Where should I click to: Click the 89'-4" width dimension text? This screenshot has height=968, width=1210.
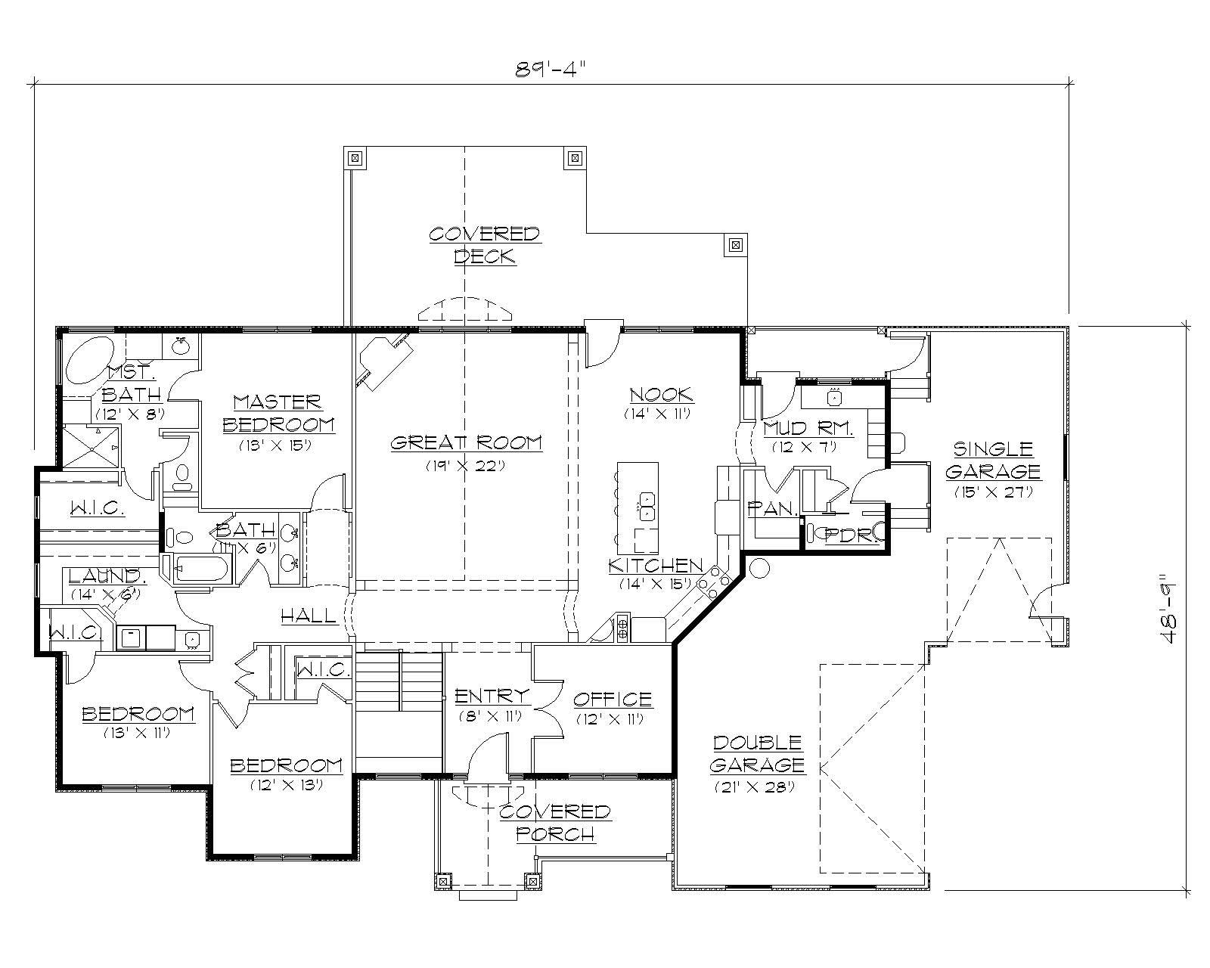551,70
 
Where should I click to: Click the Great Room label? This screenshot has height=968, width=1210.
466,442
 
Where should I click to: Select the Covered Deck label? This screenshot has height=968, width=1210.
485,245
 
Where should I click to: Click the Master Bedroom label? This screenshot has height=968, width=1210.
278,413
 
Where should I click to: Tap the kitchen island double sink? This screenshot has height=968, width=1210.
647,506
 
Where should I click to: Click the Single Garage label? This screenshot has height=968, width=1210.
992,460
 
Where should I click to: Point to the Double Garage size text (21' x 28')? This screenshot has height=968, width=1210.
755,786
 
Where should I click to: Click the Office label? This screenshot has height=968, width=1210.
612,699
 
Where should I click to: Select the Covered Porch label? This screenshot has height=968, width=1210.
554,823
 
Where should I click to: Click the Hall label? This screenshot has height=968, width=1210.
309,616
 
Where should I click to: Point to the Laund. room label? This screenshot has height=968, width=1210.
105,576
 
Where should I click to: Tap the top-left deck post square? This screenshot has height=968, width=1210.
354,159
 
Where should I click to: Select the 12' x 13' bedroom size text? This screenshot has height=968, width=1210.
287,785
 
